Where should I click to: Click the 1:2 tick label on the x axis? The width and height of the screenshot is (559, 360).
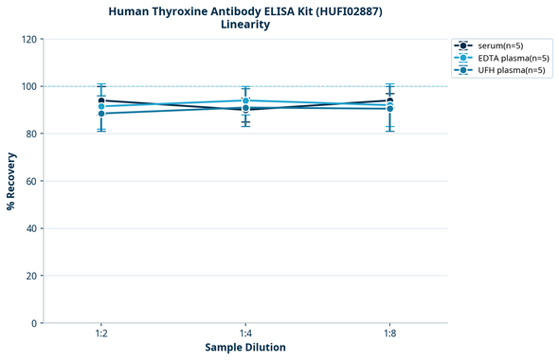[101, 334]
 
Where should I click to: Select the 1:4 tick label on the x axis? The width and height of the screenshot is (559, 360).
[245, 334]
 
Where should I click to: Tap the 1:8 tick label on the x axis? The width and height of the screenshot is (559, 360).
[389, 334]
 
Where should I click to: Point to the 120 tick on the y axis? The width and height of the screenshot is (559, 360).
[28, 39]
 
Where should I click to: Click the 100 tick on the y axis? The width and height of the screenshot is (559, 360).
[28, 86]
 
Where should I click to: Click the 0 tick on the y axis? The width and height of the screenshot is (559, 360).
[34, 323]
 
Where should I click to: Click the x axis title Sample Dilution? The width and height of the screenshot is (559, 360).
[245, 348]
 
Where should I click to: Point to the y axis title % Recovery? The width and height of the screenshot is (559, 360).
[11, 181]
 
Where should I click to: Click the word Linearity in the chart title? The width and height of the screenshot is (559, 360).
[245, 25]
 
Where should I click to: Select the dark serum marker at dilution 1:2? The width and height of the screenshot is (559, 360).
[101, 100]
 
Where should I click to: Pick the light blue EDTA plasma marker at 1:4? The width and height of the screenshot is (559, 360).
[245, 100]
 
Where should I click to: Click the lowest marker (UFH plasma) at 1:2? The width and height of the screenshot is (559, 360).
[101, 114]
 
